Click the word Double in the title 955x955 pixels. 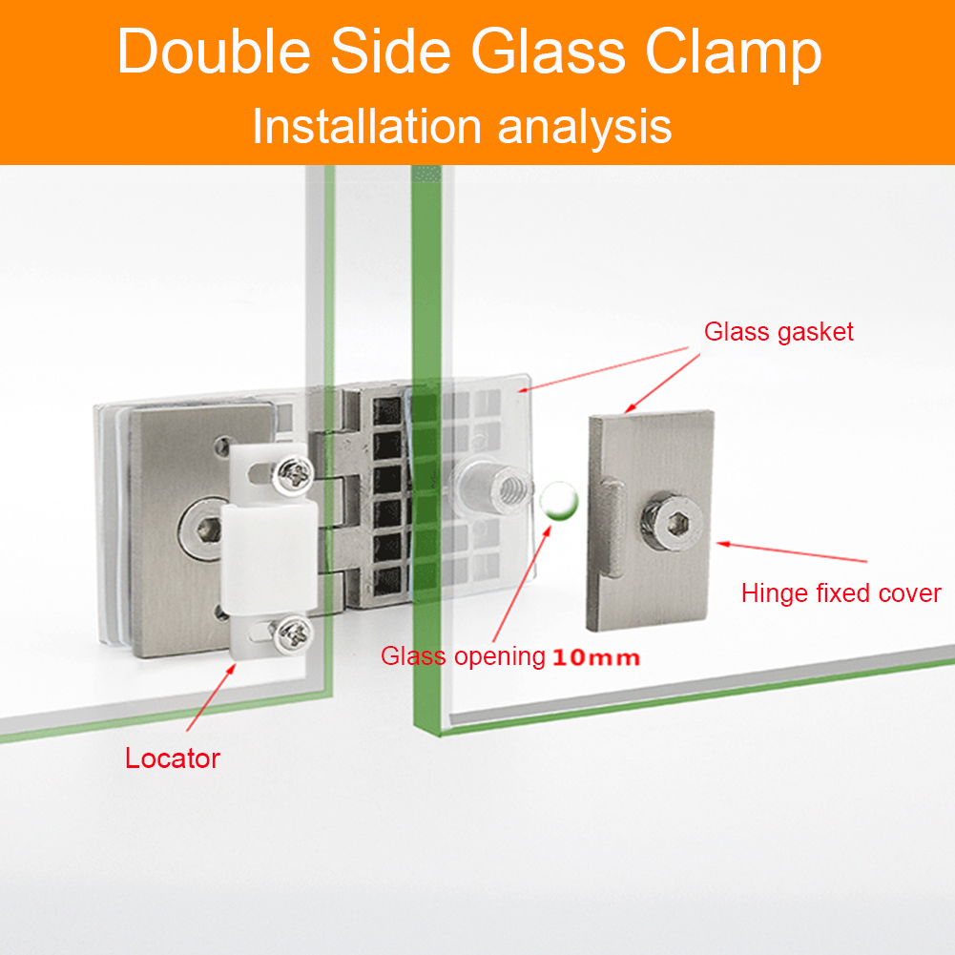click(x=214, y=52)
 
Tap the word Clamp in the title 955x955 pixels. click(x=734, y=54)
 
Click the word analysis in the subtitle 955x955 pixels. click(x=585, y=129)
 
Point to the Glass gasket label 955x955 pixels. click(x=779, y=332)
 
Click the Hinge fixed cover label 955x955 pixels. click(x=841, y=592)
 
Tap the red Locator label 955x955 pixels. click(x=173, y=758)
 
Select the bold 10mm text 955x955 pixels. click(x=595, y=657)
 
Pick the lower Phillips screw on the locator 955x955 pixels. click(x=291, y=635)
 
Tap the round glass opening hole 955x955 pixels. click(x=558, y=501)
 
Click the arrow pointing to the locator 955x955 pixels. click(x=211, y=696)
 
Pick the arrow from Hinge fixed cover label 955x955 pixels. click(x=791, y=551)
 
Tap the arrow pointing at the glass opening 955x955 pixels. click(x=522, y=584)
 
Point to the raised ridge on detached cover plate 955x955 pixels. click(x=612, y=528)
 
